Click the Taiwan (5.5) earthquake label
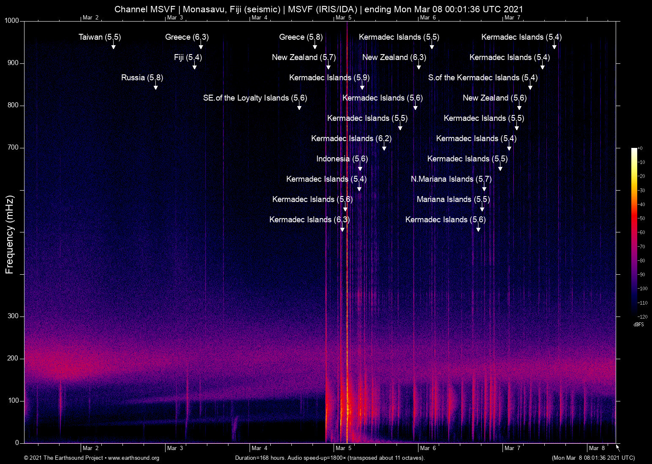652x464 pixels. click(100, 37)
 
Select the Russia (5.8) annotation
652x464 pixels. click(142, 78)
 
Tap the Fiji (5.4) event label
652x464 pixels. click(188, 57)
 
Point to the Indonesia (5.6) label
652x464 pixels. click(342, 159)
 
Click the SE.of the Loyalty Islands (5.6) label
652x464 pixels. click(255, 98)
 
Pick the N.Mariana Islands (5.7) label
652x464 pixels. click(451, 179)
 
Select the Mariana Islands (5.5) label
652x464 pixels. click(453, 199)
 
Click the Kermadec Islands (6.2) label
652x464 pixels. click(351, 139)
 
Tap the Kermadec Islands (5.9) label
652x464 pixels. click(329, 78)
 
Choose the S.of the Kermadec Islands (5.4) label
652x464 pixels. click(483, 78)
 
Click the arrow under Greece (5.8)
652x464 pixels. click(315, 46)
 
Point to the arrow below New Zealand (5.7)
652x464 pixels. click(328, 66)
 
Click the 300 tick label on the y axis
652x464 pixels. click(13, 316)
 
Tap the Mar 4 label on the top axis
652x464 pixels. click(259, 17)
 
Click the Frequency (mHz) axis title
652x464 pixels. click(10, 235)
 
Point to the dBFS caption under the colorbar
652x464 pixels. click(638, 325)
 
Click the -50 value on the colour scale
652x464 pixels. click(641, 218)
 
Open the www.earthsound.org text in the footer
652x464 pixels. click(133, 458)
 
